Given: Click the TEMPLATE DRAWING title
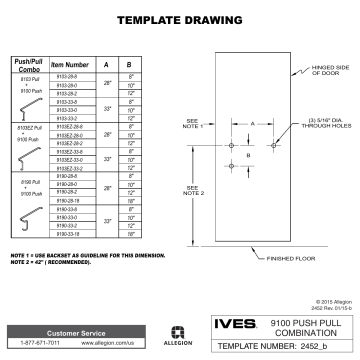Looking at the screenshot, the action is point(179,20).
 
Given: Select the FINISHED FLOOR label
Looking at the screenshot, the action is point(294,259).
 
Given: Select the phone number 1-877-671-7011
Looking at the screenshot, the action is point(40,342).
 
